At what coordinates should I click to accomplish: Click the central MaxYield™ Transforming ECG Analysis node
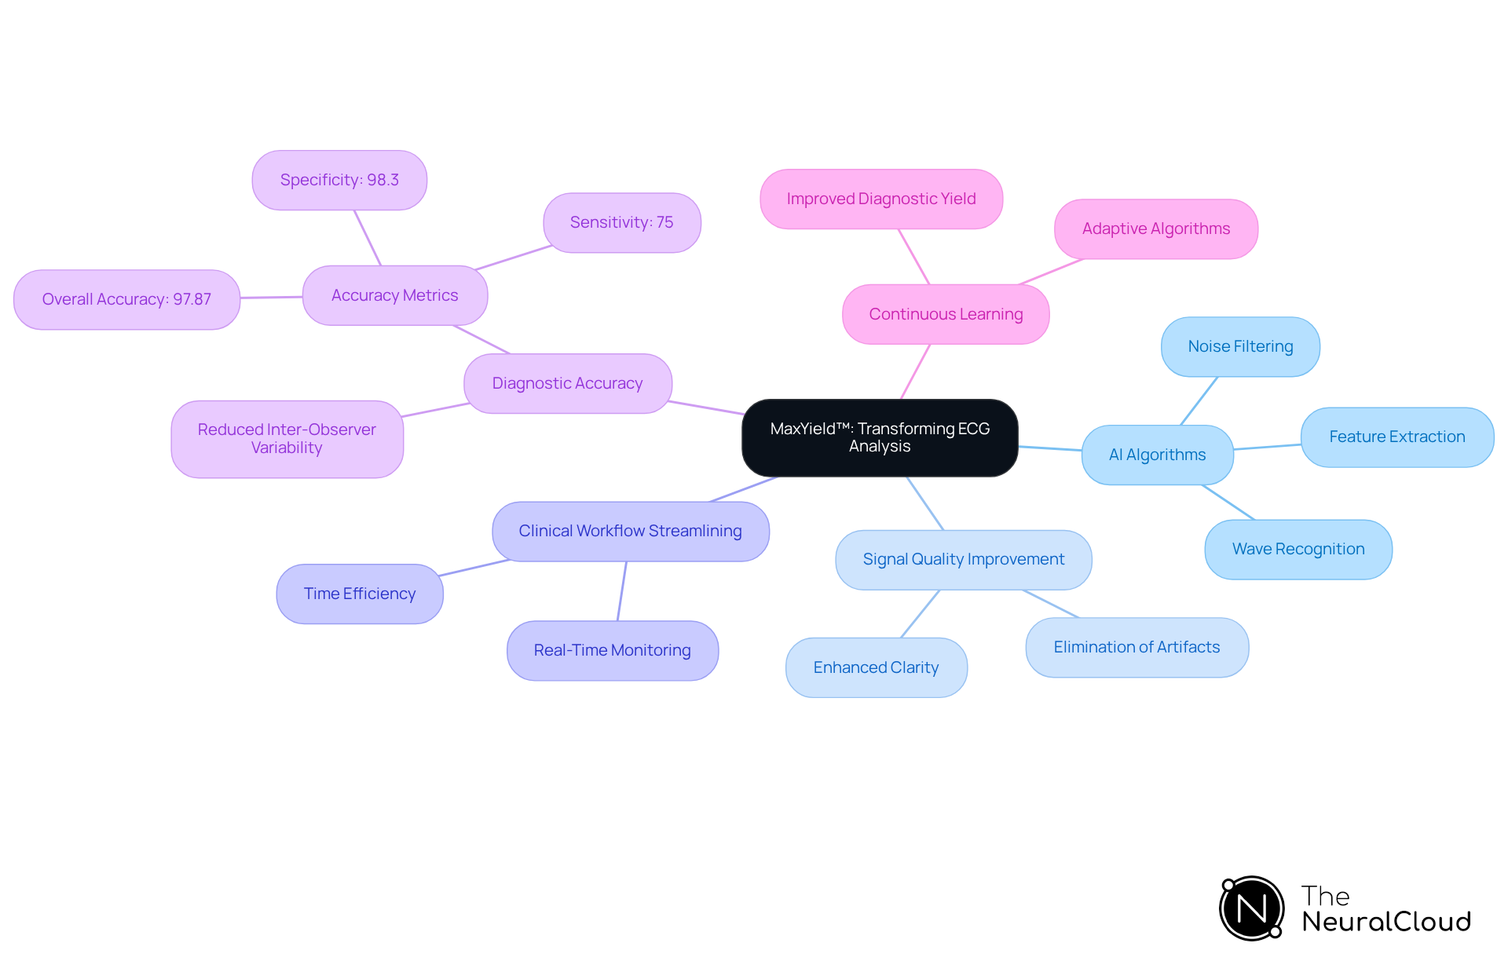880,437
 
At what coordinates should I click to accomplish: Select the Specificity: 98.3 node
339,180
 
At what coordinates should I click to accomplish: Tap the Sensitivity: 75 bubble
621,222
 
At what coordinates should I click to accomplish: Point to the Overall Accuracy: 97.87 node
126,299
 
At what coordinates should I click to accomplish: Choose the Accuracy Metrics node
394,295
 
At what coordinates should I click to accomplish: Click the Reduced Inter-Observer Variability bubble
287,439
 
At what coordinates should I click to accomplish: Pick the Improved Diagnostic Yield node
880,199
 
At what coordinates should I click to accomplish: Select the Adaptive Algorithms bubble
1155,228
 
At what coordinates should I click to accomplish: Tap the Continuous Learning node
946,314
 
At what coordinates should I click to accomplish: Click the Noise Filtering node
1240,346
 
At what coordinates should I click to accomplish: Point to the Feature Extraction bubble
1396,437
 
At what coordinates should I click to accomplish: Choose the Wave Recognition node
1298,549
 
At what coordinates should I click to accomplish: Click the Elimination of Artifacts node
1136,647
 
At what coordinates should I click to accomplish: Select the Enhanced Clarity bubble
876,667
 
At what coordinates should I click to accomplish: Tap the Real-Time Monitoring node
612,650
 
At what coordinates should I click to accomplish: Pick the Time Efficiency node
360,594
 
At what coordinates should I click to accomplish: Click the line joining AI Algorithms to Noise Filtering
1199,400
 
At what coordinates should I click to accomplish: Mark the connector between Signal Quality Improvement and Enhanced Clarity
920,613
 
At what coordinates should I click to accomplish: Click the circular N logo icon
1251,908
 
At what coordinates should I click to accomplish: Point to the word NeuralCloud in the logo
1385,922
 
